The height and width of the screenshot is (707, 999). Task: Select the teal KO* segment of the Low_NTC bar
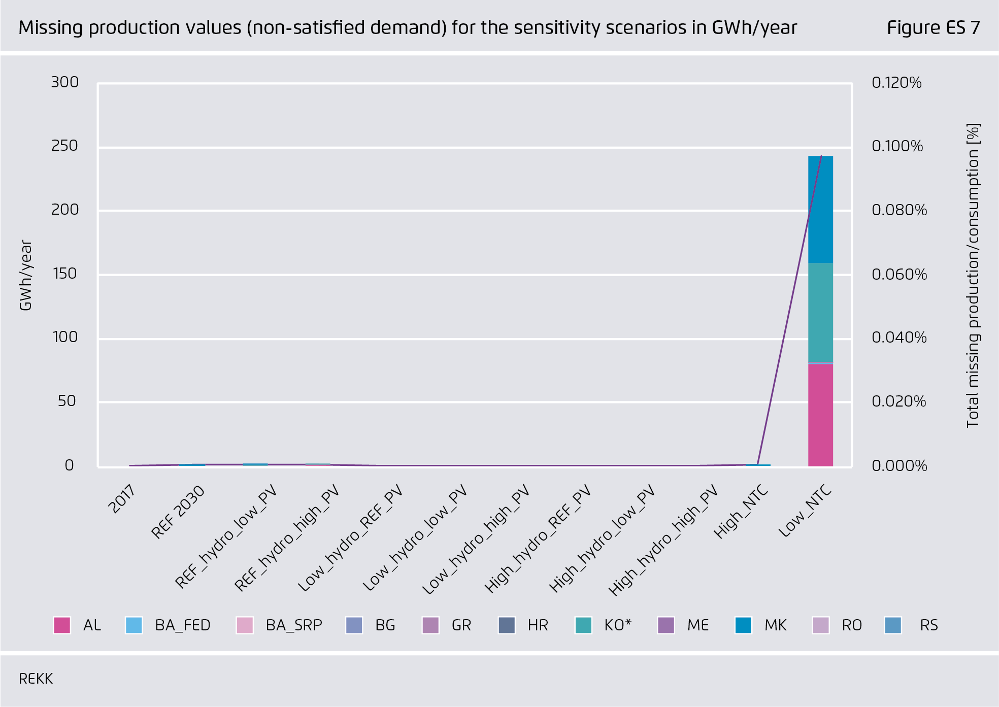[x=820, y=312]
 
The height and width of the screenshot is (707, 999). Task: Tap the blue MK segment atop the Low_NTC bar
[x=820, y=209]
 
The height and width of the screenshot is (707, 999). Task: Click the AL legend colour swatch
[x=62, y=625]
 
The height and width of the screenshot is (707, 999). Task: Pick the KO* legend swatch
[x=583, y=625]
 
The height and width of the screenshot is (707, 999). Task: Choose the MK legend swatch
[x=743, y=625]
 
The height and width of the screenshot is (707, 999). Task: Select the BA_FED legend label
[x=183, y=625]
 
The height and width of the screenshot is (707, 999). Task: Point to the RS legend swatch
[x=893, y=625]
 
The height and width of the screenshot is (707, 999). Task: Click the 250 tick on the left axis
[x=64, y=146]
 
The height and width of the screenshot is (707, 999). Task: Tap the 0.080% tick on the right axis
[x=899, y=210]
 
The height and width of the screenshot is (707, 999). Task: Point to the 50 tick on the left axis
[x=66, y=401]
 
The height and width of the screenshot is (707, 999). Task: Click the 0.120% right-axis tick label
[x=896, y=83]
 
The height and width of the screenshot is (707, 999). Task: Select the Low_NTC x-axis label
[x=805, y=511]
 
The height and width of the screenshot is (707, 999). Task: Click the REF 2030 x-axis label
[x=178, y=512]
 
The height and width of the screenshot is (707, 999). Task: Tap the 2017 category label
[x=122, y=498]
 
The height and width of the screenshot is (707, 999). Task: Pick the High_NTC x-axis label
[x=741, y=512]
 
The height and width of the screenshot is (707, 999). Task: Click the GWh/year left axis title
[x=25, y=275]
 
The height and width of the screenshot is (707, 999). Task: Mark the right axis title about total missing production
[x=973, y=275]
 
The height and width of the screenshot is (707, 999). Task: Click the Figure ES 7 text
[x=933, y=27]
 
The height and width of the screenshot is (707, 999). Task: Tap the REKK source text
[x=36, y=679]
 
